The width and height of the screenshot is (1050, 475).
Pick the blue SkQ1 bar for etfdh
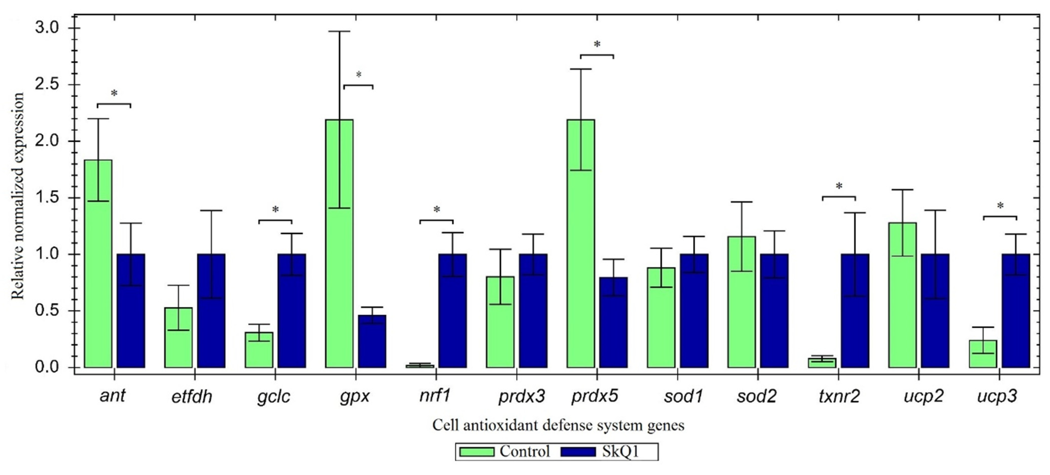[x=211, y=311]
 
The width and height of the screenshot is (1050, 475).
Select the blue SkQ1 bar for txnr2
[x=855, y=311]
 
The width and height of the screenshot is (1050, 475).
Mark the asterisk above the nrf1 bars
[x=437, y=210]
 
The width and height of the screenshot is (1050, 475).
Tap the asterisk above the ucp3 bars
[x=1000, y=206]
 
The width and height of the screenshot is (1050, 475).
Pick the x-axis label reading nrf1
[x=435, y=396]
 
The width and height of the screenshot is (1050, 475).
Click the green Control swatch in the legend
[x=477, y=452]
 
